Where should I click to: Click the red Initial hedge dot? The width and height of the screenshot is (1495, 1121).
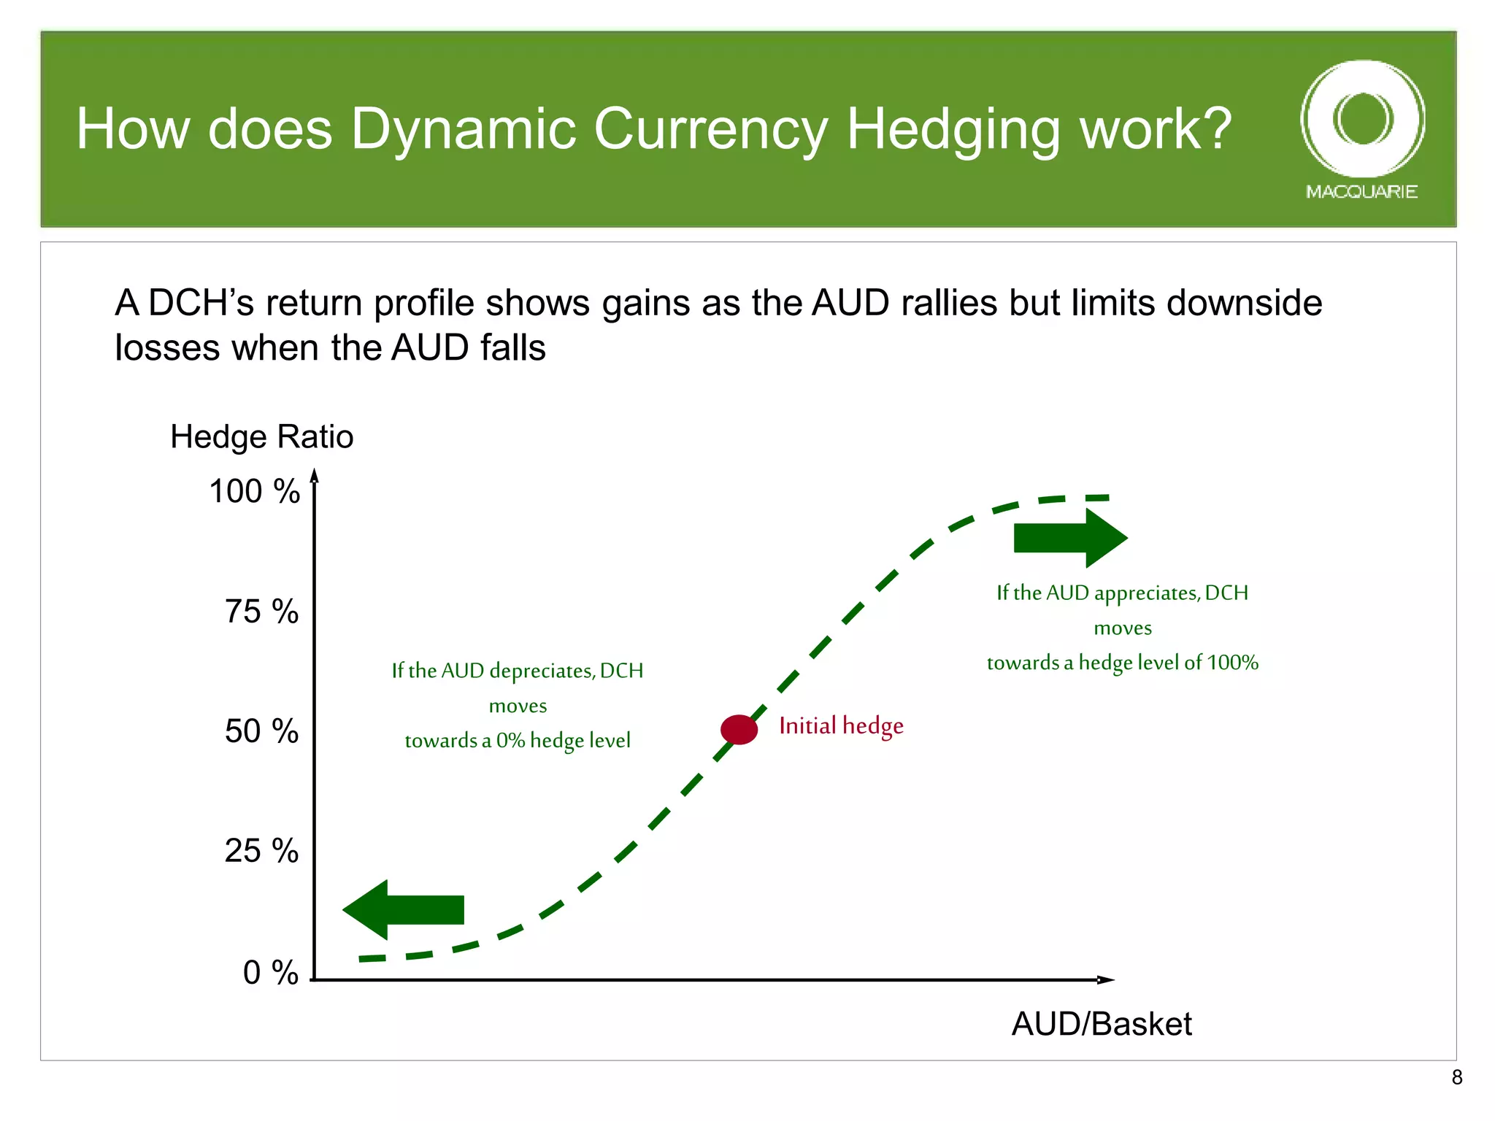click(x=739, y=729)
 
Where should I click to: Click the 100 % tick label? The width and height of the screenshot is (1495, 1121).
click(x=254, y=491)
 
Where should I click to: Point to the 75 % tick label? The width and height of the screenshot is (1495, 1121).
click(x=261, y=612)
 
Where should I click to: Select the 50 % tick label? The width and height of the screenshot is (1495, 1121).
click(x=261, y=731)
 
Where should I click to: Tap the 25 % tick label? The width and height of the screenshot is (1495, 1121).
click(x=261, y=851)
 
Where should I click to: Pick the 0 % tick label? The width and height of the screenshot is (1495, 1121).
click(x=270, y=973)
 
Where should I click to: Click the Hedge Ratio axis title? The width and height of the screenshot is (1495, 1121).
click(x=261, y=437)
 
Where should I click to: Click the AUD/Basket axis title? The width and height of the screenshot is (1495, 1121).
click(x=1101, y=1024)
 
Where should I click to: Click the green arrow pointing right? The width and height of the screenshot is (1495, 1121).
click(x=1070, y=539)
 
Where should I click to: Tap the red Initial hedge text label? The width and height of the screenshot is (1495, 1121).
click(x=841, y=726)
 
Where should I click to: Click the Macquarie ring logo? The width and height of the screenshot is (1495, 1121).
click(x=1362, y=118)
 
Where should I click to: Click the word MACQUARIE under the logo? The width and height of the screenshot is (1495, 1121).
click(x=1361, y=192)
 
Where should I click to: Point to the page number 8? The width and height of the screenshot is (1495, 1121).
click(x=1456, y=1077)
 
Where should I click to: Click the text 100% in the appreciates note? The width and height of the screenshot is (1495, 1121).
click(x=1232, y=663)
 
